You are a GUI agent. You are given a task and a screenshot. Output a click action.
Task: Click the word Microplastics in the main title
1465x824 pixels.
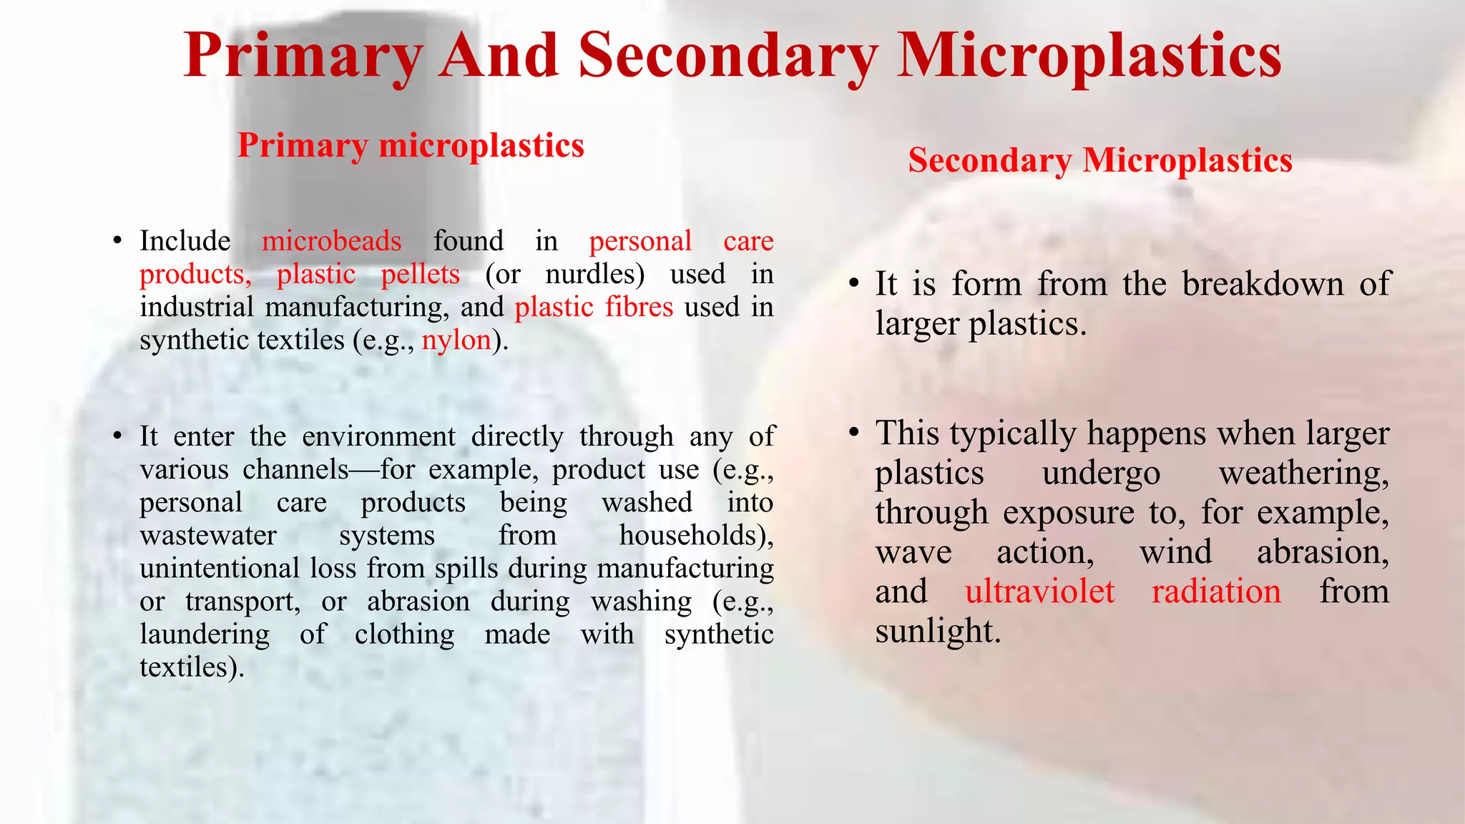(x=1089, y=57)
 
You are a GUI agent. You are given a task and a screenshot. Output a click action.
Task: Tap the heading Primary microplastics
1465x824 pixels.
(x=411, y=146)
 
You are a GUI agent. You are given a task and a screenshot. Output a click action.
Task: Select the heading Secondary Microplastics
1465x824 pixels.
(x=1100, y=161)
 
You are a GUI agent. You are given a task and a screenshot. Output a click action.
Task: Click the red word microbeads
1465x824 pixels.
(x=331, y=241)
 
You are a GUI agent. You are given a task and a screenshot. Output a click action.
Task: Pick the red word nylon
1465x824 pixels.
(x=456, y=340)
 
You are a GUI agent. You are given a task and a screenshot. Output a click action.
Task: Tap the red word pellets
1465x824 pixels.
(x=420, y=274)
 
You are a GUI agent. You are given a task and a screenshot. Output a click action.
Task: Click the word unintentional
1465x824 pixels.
(x=219, y=568)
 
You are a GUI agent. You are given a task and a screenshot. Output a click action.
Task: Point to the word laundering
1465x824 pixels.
(x=205, y=634)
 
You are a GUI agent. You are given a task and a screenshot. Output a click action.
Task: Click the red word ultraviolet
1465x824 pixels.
(x=1039, y=592)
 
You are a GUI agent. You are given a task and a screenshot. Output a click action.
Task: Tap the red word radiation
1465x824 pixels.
(x=1216, y=592)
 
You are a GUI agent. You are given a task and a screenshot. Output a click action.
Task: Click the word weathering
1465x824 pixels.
(x=1303, y=473)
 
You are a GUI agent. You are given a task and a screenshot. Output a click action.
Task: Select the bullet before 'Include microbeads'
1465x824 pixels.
(x=118, y=241)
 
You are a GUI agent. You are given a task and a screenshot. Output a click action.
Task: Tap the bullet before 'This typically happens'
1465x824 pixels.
(x=853, y=433)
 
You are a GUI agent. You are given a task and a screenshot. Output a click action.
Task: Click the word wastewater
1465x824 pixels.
(x=208, y=535)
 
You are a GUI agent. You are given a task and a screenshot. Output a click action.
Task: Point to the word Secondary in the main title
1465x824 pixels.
(x=728, y=57)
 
